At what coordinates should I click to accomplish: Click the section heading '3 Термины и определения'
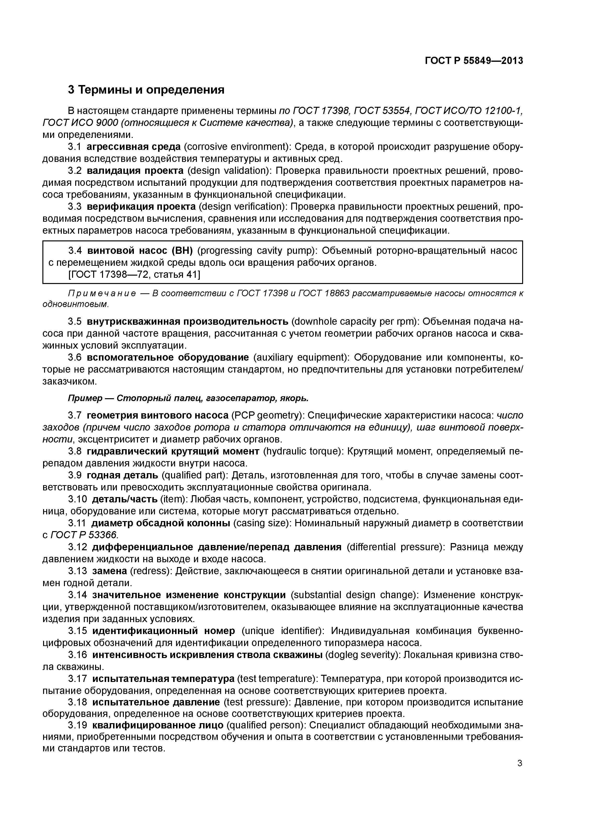(146, 90)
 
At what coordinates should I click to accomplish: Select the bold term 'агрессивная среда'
(134, 147)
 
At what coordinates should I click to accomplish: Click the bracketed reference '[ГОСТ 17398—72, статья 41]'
(134, 274)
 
